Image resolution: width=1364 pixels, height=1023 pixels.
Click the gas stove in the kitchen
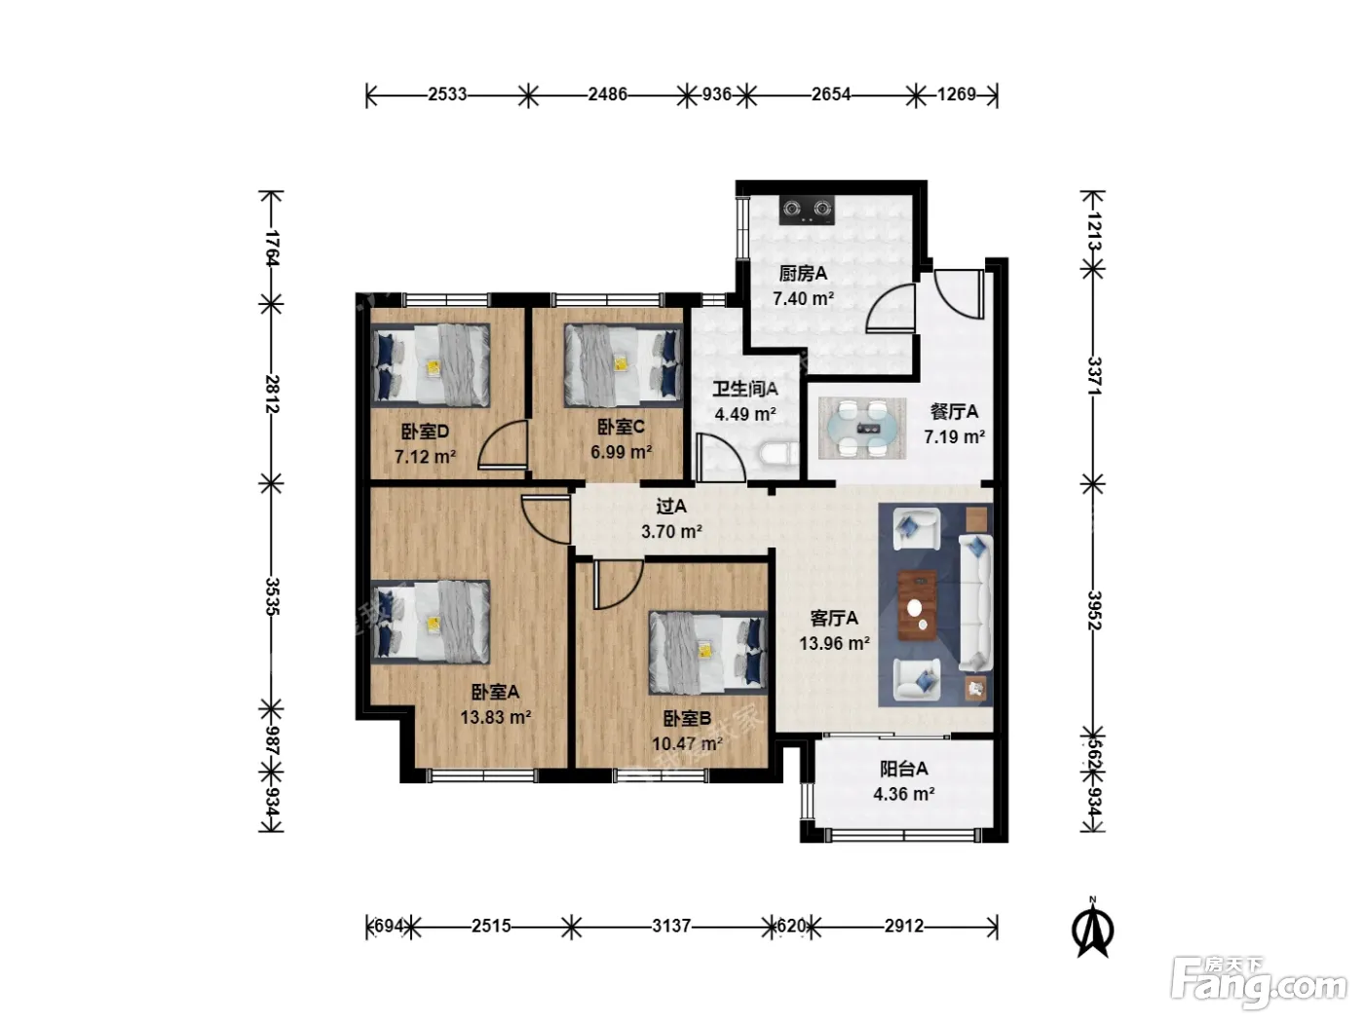[807, 209]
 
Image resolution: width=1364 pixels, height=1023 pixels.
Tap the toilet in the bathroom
[778, 453]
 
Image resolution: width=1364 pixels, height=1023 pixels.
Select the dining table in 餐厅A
[861, 428]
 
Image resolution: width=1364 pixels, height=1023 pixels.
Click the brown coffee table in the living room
[917, 604]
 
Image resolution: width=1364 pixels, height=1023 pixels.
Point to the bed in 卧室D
[430, 365]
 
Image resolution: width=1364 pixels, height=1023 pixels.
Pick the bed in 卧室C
[624, 365]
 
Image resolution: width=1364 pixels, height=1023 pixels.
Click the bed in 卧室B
[707, 652]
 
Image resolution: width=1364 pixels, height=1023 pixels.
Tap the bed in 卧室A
[430, 622]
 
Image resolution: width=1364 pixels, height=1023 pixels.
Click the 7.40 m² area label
[803, 299]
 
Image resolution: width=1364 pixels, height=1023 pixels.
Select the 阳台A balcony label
[903, 769]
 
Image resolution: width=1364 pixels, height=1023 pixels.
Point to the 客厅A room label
[834, 618]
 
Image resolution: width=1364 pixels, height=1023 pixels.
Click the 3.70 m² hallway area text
[671, 532]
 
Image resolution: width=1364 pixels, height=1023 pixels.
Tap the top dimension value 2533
[447, 95]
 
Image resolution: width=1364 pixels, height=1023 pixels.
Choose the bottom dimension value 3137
[671, 927]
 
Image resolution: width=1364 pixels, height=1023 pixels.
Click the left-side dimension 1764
[272, 247]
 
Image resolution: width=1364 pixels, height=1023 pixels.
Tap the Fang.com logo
[1258, 985]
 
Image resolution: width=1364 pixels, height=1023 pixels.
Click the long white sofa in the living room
[975, 603]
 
